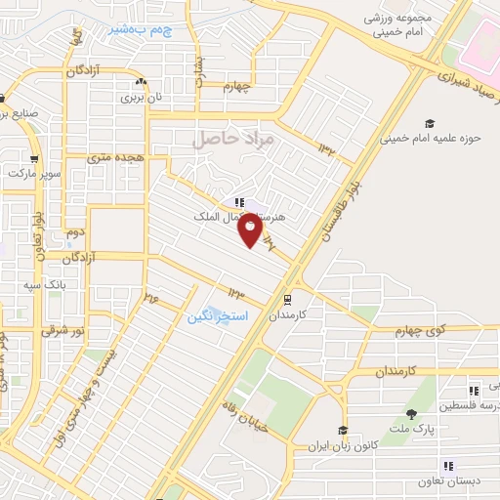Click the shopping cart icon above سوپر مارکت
point(35,159)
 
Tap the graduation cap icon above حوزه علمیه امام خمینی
point(429,123)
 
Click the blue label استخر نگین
point(217,318)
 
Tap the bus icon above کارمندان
point(286,301)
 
